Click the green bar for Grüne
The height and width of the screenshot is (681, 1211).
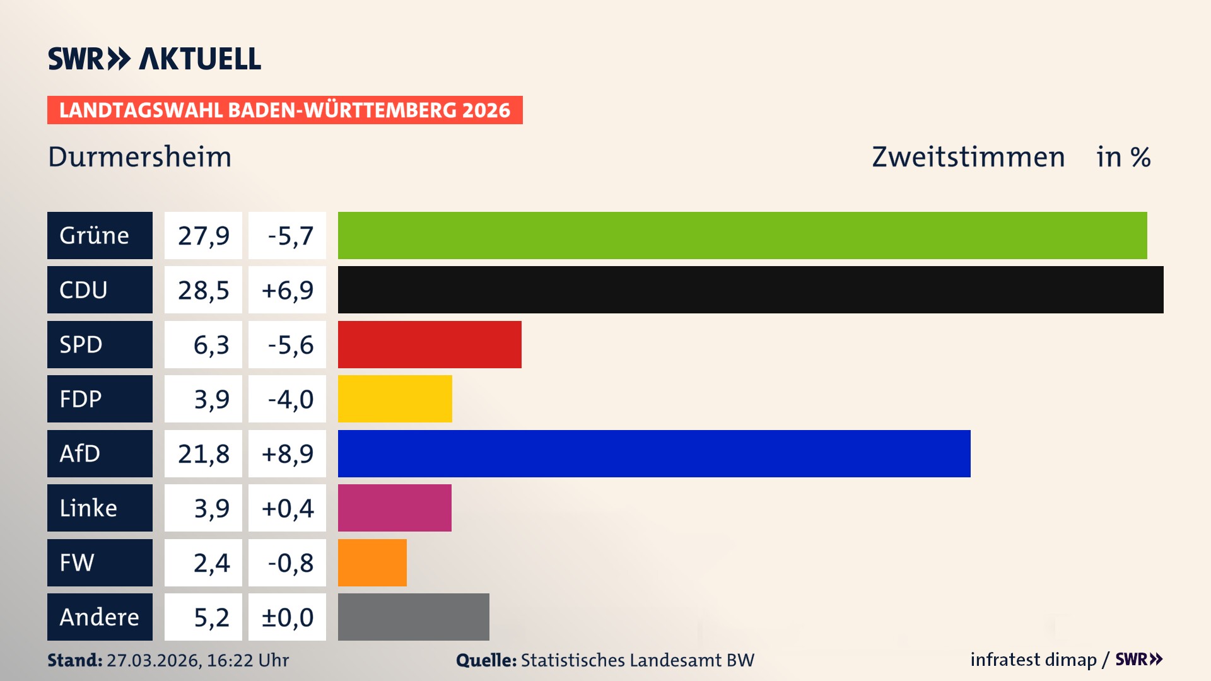[742, 235]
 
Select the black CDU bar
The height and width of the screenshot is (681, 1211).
[751, 289]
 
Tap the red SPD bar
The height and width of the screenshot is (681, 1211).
[430, 344]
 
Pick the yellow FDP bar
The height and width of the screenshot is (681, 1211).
[395, 399]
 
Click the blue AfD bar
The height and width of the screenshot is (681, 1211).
[654, 453]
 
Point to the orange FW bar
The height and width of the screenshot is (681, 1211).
[372, 562]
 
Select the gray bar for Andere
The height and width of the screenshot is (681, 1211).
[413, 617]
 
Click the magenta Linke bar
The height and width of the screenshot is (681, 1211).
[395, 508]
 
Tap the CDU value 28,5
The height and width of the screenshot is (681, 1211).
[203, 290]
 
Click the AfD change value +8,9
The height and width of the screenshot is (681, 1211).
[287, 453]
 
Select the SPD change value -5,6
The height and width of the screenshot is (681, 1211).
[290, 344]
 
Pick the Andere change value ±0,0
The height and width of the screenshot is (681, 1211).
[287, 617]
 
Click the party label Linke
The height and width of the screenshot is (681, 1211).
[88, 508]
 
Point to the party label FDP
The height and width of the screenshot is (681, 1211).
[81, 399]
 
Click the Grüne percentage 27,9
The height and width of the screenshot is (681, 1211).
[203, 235]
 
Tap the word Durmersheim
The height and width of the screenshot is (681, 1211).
[140, 156]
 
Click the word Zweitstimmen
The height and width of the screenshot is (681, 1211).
[968, 156]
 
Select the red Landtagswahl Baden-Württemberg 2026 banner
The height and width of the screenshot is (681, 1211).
[284, 110]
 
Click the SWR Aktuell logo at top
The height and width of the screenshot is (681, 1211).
[155, 59]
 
